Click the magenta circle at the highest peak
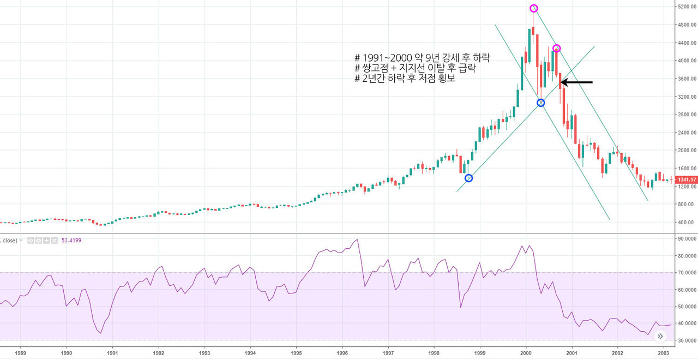click(534, 8)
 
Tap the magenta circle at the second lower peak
click(556, 49)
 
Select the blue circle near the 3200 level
click(540, 103)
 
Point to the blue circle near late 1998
click(468, 178)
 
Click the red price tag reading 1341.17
click(686, 179)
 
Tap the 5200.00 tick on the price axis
click(685, 7)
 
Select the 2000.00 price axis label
click(685, 151)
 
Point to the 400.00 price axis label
click(686, 223)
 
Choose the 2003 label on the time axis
click(664, 353)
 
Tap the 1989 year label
click(20, 353)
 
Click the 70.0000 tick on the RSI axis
click(686, 272)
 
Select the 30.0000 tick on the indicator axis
click(686, 340)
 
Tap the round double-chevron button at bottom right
click(660, 337)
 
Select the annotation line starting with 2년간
click(405, 78)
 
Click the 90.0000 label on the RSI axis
click(686, 238)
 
